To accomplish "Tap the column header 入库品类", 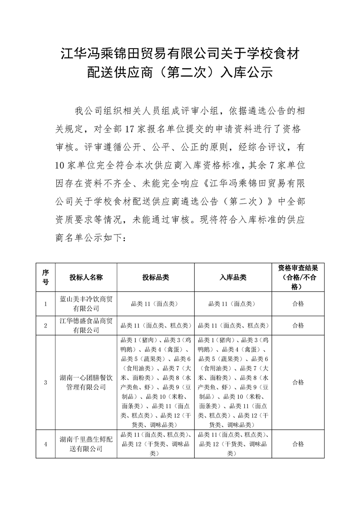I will [x=233, y=277].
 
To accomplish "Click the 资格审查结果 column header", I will [x=298, y=277].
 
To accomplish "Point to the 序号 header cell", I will [x=45, y=277].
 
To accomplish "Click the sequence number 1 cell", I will [x=45, y=304].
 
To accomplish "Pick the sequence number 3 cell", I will [x=45, y=382].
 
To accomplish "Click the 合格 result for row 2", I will [x=298, y=325].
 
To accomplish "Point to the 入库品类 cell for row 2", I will [x=233, y=325].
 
